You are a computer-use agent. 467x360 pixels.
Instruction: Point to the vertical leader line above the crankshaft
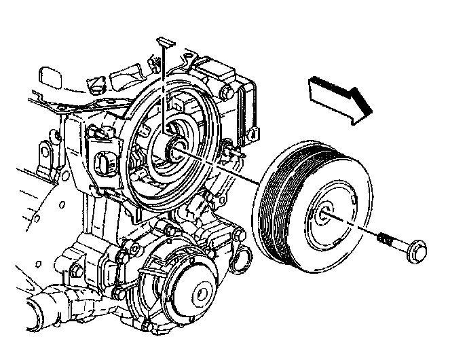click(x=165, y=88)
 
